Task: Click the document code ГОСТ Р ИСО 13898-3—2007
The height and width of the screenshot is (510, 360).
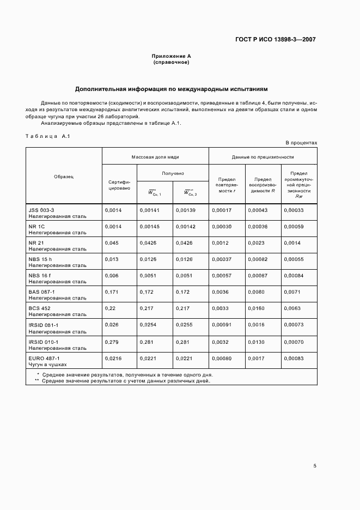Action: click(x=276, y=39)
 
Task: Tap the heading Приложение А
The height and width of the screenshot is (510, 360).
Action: click(x=171, y=56)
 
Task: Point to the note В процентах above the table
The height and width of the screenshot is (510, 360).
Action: click(x=301, y=143)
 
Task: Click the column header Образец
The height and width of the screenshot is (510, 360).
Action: click(x=64, y=176)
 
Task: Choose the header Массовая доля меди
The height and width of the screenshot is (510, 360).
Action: click(x=155, y=156)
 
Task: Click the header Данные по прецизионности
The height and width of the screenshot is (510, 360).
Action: click(x=263, y=156)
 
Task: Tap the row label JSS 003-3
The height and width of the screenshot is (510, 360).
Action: click(x=41, y=209)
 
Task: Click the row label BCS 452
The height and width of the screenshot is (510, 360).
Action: click(x=40, y=308)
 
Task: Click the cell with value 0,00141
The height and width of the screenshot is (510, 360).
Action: click(x=149, y=210)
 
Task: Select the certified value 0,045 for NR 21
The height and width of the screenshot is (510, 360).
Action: click(x=111, y=242)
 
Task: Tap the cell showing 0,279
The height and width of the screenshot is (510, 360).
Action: click(x=111, y=342)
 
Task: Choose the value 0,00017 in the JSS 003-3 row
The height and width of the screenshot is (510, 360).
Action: click(x=221, y=210)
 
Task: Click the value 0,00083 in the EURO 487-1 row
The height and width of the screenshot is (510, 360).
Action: click(x=294, y=358)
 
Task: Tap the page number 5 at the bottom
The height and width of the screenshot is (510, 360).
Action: click(x=315, y=465)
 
